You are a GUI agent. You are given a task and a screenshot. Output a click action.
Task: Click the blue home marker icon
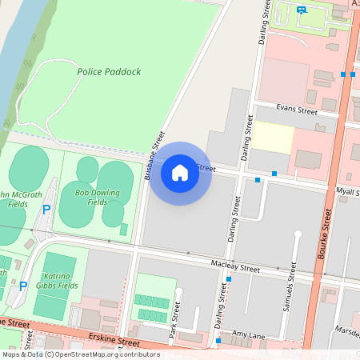[180, 173]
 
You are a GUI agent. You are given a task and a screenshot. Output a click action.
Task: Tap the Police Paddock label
[109, 72]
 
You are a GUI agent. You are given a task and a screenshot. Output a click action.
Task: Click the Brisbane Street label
[155, 156]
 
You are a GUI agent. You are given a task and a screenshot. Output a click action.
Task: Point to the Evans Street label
[297, 112]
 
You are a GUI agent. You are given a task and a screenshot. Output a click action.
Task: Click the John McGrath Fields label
[14, 198]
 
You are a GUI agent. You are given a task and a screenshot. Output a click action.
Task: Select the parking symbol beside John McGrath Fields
[46, 209]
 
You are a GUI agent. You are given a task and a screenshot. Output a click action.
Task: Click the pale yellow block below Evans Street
[274, 138]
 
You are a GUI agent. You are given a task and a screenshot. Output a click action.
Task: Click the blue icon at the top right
[301, 10]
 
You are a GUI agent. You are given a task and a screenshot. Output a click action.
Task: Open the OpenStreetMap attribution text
[80, 354]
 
